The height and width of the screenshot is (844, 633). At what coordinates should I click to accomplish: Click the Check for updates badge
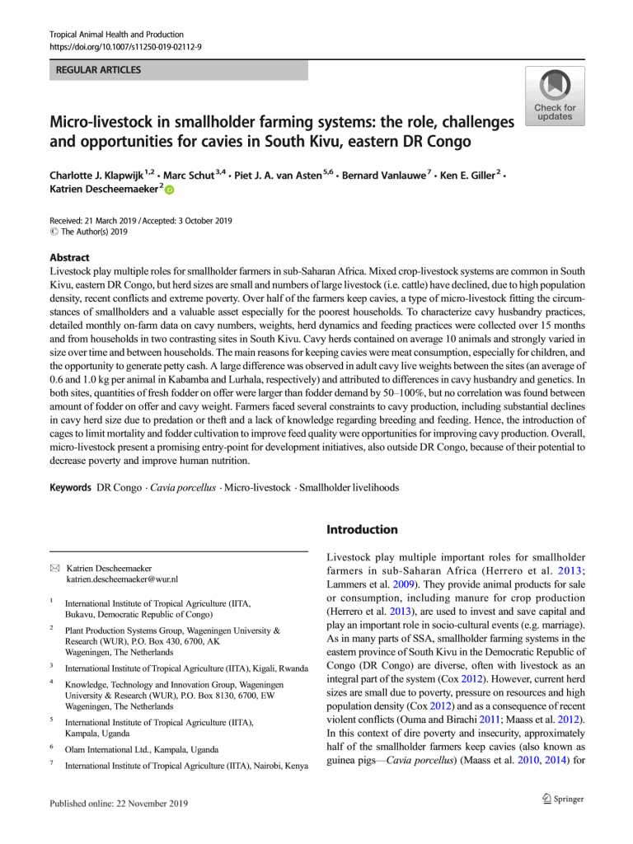click(554, 96)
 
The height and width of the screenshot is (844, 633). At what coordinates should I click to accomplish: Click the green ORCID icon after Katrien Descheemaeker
click(169, 190)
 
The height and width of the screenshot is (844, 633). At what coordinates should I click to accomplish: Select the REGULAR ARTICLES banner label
click(98, 70)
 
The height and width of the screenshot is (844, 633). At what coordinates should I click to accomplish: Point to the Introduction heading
click(362, 529)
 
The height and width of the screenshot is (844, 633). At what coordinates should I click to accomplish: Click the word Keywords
click(70, 488)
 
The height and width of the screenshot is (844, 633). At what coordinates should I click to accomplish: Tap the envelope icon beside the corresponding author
click(54, 568)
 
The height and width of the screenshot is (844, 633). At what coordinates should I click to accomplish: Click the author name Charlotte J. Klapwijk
click(96, 176)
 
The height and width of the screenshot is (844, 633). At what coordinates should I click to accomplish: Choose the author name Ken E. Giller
click(467, 176)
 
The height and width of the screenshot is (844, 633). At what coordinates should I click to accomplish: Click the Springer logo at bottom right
click(557, 799)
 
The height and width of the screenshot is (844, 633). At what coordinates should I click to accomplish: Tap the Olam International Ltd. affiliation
click(142, 749)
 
